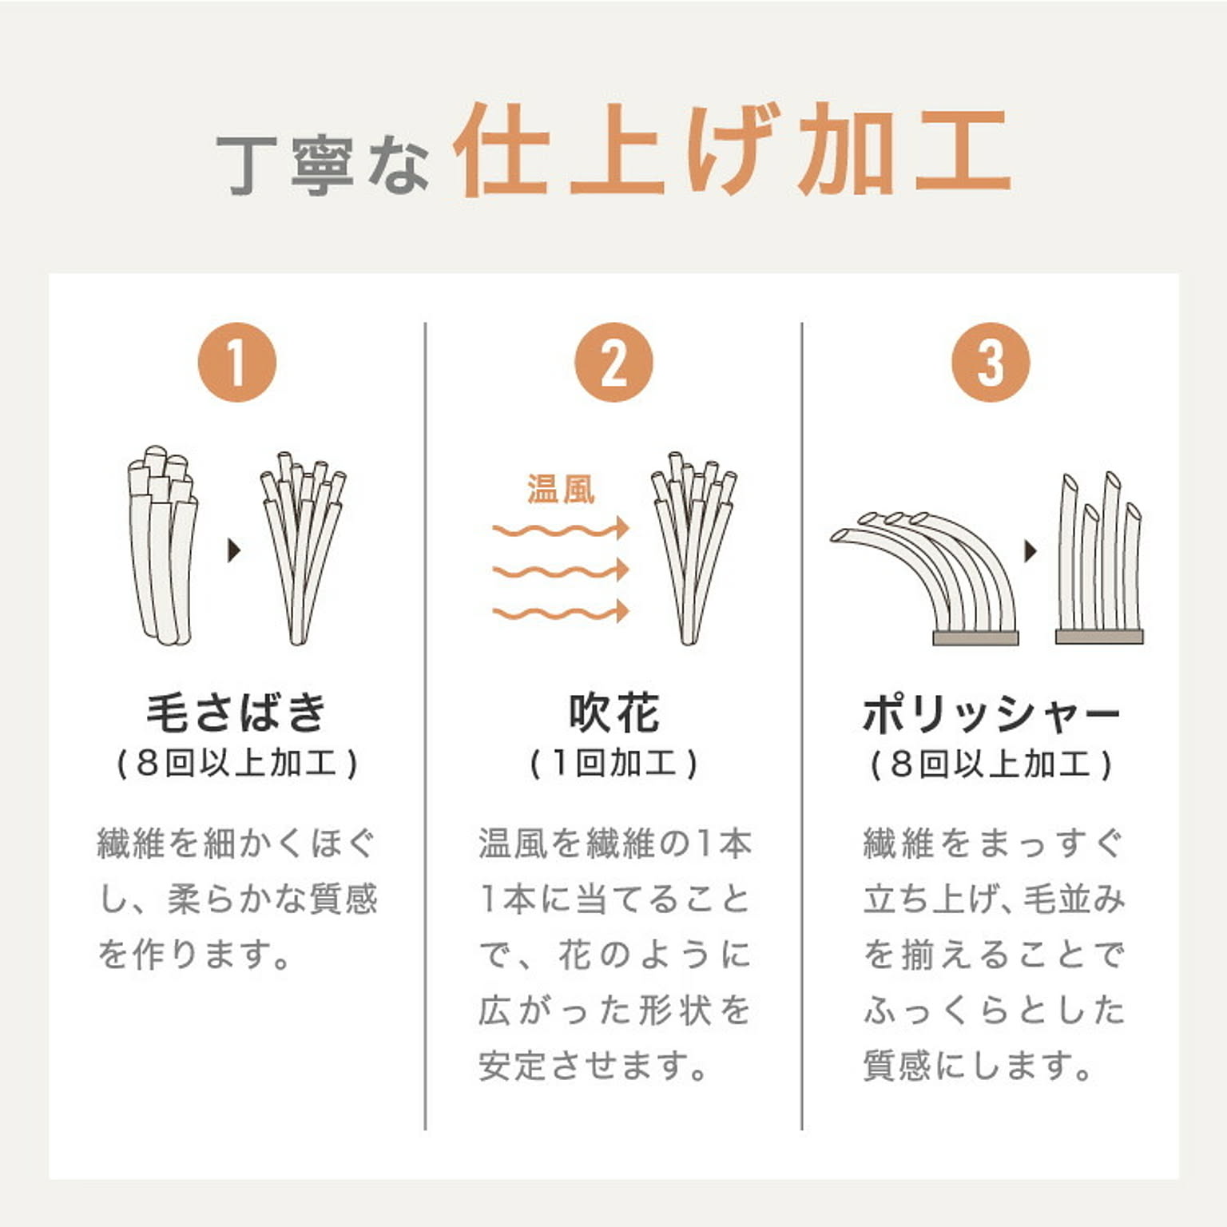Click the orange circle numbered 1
click(x=237, y=362)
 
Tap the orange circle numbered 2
click(x=613, y=362)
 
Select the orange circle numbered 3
click(x=991, y=362)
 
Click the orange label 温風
click(x=561, y=489)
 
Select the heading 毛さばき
click(x=237, y=712)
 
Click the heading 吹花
click(x=613, y=712)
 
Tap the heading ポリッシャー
click(x=991, y=713)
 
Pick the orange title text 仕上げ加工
click(x=731, y=152)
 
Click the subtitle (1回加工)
click(x=613, y=764)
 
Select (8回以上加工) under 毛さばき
click(x=237, y=764)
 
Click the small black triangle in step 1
click(x=234, y=550)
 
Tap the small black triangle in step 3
click(x=1030, y=550)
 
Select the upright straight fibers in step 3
click(x=1099, y=559)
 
